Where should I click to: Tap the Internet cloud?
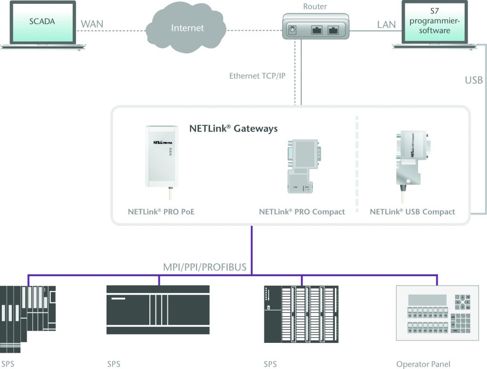[187, 28]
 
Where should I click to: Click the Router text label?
[315, 7]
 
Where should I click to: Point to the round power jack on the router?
[293, 30]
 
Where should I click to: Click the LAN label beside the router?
[386, 24]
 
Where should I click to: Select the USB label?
[474, 80]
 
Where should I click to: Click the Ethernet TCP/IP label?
[257, 76]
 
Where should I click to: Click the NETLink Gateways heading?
[234, 128]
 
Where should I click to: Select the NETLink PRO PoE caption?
[161, 212]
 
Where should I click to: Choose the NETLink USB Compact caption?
[412, 212]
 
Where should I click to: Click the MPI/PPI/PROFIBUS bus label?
[205, 267]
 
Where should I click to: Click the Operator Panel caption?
[423, 364]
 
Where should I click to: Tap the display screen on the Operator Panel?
[427, 300]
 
